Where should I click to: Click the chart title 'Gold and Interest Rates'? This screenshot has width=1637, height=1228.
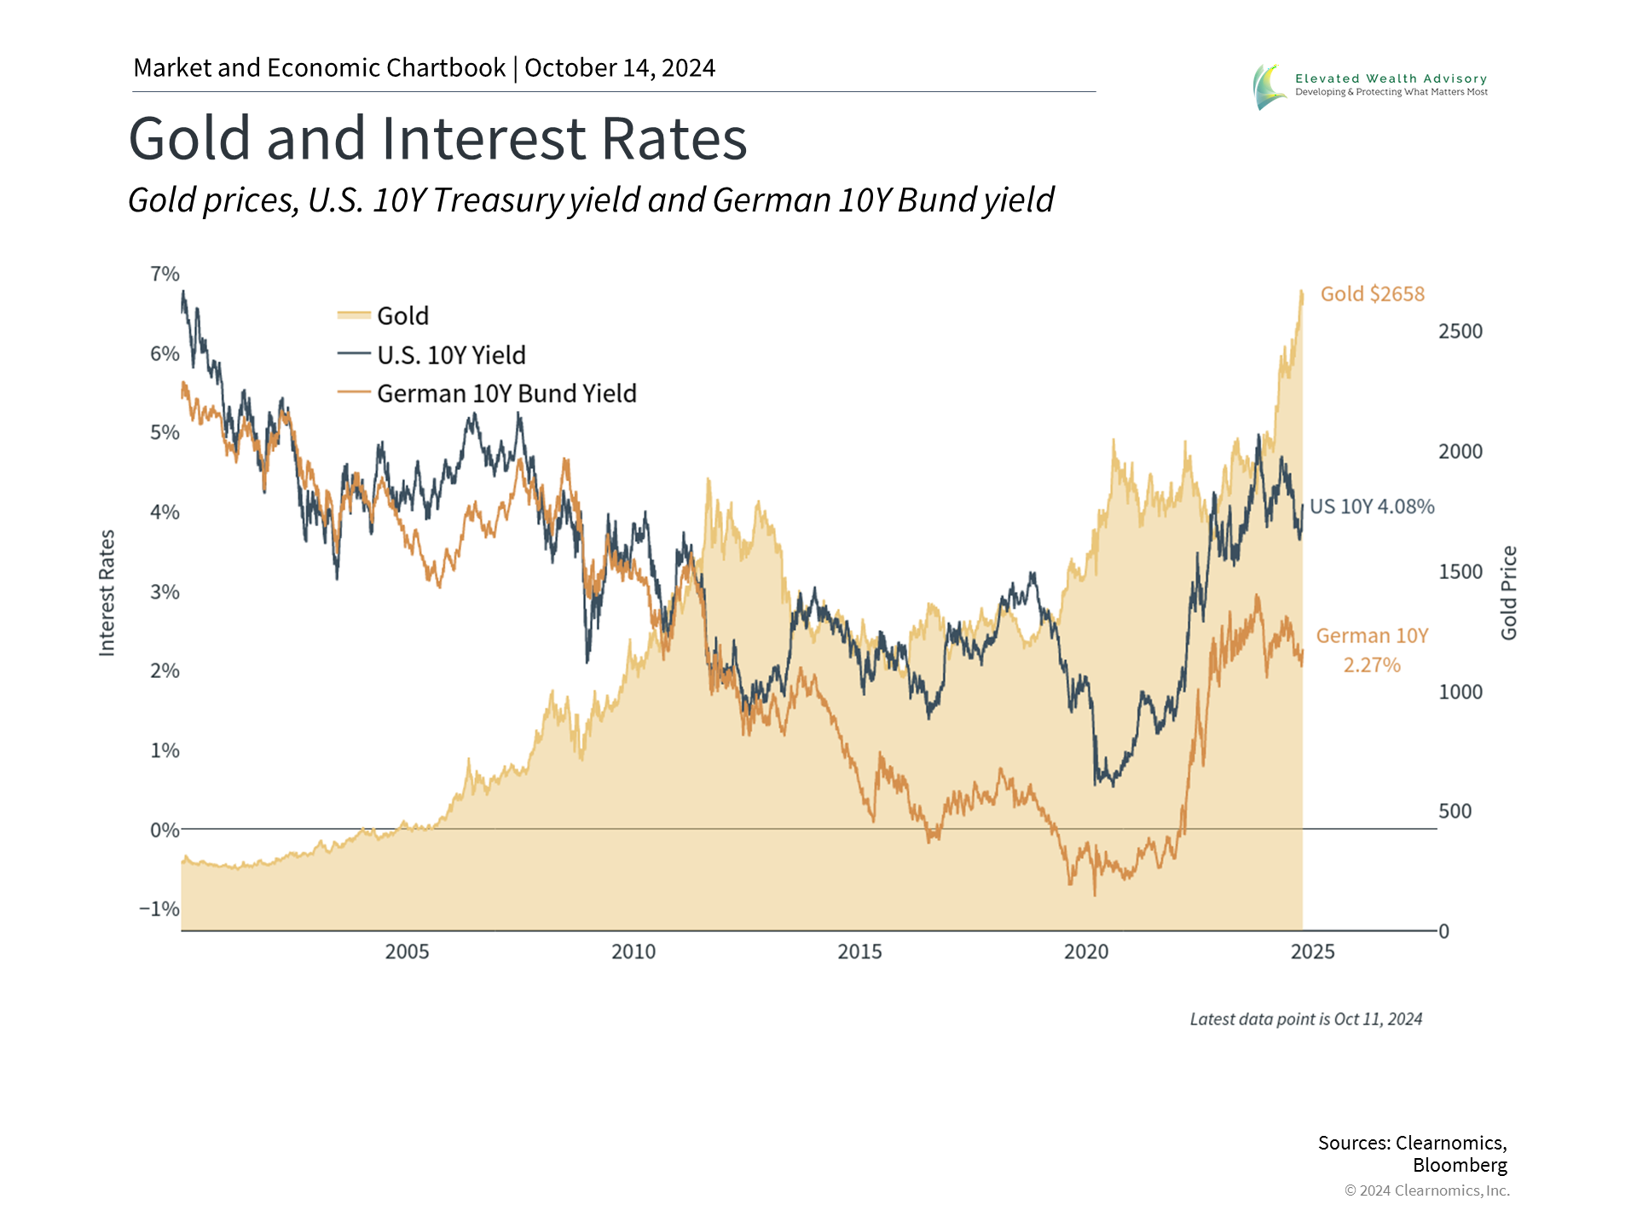click(x=437, y=139)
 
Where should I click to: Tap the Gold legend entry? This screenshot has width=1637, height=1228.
click(x=402, y=316)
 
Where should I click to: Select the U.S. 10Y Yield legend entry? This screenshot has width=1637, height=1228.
click(x=450, y=355)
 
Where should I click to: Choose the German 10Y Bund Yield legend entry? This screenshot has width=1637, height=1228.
click(x=506, y=393)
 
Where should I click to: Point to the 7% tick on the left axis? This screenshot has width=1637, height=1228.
click(x=165, y=274)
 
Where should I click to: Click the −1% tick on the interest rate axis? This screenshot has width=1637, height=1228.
click(x=159, y=909)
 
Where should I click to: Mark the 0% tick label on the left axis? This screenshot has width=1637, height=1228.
click(x=164, y=830)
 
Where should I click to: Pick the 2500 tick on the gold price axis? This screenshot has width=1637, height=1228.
click(x=1460, y=332)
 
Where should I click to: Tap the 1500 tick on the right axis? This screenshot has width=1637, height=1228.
click(x=1460, y=571)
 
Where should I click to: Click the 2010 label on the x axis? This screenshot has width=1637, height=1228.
click(x=633, y=952)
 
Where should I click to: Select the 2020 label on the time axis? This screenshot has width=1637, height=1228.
click(x=1086, y=952)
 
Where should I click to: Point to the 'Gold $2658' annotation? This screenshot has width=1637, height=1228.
click(x=1372, y=294)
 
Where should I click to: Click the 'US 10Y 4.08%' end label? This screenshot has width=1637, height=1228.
click(x=1372, y=507)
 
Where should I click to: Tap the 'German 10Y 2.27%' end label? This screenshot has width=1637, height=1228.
click(x=1372, y=650)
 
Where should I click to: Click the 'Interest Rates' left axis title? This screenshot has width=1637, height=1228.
click(x=107, y=593)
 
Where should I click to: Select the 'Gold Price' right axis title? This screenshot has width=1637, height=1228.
click(x=1509, y=593)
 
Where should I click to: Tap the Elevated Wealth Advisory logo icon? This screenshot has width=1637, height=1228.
click(x=1269, y=86)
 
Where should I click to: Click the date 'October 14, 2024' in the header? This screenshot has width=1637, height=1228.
click(x=620, y=68)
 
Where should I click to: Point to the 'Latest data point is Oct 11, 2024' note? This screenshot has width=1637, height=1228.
click(x=1305, y=1019)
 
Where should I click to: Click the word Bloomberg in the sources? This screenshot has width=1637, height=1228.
click(x=1459, y=1165)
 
